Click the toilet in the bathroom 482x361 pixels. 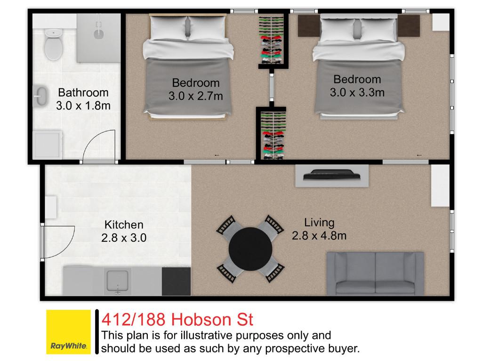pyautogui.click(x=54, y=44)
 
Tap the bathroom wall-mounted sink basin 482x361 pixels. pyautogui.click(x=40, y=96)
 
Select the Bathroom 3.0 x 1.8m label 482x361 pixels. pyautogui.click(x=83, y=99)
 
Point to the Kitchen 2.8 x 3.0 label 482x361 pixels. pyautogui.click(x=124, y=231)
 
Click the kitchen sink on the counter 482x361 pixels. pyautogui.click(x=117, y=281)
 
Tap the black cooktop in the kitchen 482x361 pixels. pyautogui.click(x=176, y=281)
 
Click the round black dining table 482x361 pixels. pyautogui.click(x=250, y=249)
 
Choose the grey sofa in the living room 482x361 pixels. pyautogui.click(x=375, y=274)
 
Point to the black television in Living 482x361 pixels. pyautogui.click(x=332, y=175)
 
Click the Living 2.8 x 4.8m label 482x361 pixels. pyautogui.click(x=319, y=229)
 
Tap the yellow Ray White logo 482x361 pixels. pyautogui.click(x=69, y=332)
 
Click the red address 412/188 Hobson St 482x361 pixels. pyautogui.click(x=177, y=320)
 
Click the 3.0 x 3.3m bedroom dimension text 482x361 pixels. pyautogui.click(x=357, y=93)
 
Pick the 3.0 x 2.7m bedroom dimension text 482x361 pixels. pyautogui.click(x=195, y=96)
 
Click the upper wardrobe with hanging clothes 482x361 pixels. pyautogui.click(x=271, y=40)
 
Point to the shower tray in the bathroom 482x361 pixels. pyautogui.click(x=98, y=38)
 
